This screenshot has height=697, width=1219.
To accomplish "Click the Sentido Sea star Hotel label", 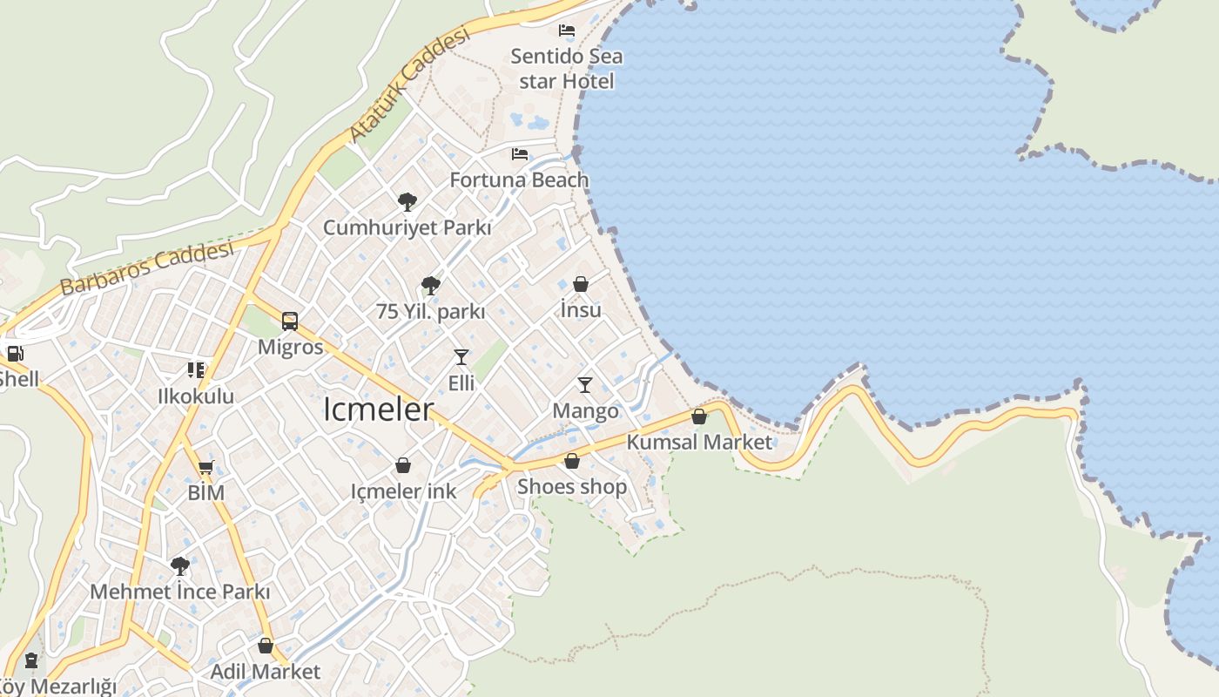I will (x=566, y=69).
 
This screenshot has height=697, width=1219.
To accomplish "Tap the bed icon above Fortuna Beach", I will (x=520, y=154).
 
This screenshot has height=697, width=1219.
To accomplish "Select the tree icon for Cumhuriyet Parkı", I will (x=407, y=202).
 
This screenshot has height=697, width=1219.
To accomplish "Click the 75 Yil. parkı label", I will (x=430, y=311).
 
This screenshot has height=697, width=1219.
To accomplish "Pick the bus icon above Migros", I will (x=290, y=321).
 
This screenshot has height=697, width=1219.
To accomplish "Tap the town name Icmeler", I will (x=378, y=409).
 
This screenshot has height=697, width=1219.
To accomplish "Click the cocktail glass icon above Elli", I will (x=461, y=357).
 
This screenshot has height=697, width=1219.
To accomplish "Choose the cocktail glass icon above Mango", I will (x=585, y=385).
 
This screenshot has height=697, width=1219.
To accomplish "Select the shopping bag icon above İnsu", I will (x=581, y=284).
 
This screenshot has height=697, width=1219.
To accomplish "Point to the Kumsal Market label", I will (x=699, y=442).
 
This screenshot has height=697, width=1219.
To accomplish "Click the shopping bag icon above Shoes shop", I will (x=572, y=461).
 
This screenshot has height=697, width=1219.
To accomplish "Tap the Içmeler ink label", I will (x=403, y=491).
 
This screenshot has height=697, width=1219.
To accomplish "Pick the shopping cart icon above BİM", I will (x=205, y=468).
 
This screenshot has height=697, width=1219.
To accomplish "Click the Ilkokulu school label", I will (x=196, y=396).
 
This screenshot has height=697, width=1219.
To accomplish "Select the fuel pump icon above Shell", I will (x=15, y=354).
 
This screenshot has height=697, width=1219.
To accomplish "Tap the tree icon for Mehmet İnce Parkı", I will (x=180, y=566).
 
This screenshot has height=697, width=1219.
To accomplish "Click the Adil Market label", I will (x=266, y=672).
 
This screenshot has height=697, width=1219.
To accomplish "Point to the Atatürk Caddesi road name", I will (x=409, y=85).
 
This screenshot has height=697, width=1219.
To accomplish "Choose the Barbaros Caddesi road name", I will (x=147, y=268).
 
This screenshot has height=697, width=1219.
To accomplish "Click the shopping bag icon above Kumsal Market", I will (x=699, y=416).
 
